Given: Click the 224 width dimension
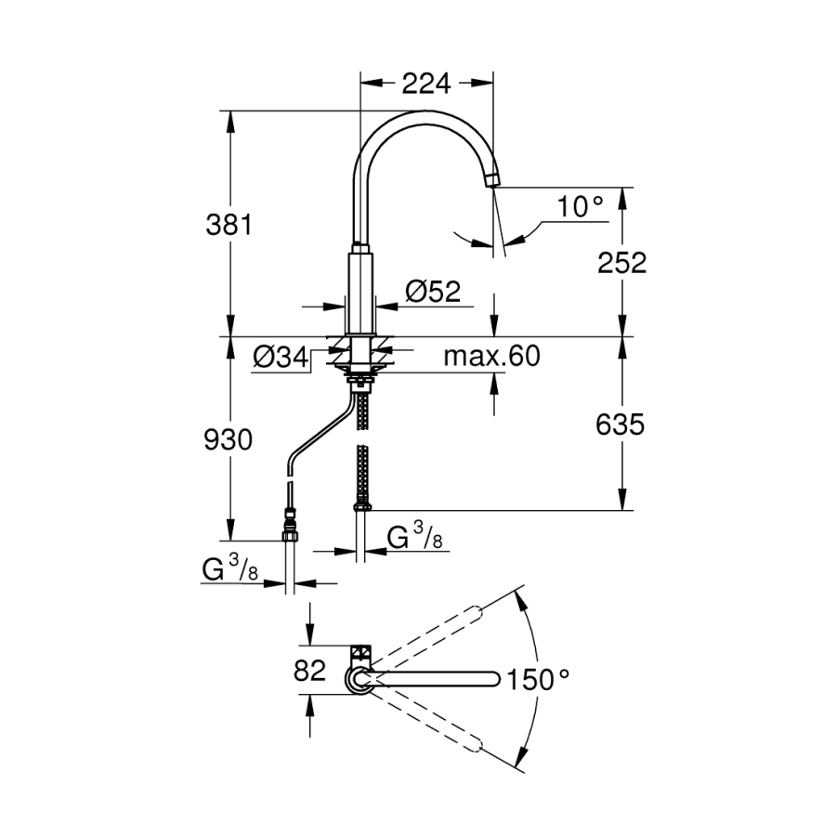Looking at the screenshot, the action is pos(426,84).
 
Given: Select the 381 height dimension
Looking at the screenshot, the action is pos(229,225).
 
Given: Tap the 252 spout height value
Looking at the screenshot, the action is pos(621,262).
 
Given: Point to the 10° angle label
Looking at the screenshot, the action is pos(580,206).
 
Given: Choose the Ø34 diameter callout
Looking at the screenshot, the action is pos(281,357).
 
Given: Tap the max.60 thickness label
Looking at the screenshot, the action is pos(491,356).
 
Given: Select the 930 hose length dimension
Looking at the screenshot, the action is pos(229,440).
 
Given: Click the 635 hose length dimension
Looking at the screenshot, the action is pos(620,425).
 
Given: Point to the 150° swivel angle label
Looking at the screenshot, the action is pos(538,679).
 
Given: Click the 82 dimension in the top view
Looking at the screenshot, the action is pos(309,671).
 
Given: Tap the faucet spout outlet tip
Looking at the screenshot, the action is pos(492,182).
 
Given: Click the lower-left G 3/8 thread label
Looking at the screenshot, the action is pos(230,568).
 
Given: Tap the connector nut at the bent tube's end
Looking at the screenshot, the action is pos(290,525).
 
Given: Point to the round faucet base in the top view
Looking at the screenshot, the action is pos(359,680).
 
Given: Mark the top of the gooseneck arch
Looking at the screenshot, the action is pos(424,111).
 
